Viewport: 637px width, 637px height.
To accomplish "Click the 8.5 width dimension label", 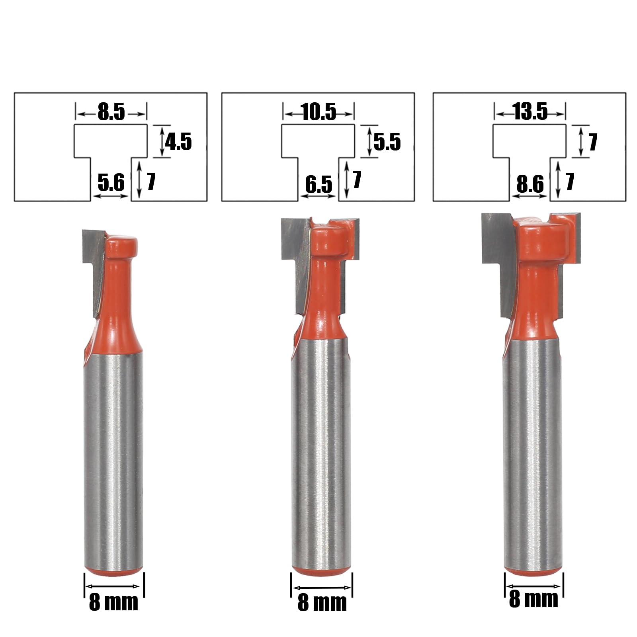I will coord(111,112).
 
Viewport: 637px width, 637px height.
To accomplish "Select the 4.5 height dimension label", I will coord(178,142).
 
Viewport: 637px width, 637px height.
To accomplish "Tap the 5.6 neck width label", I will coord(111,183).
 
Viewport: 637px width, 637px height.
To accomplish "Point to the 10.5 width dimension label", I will coord(319,112).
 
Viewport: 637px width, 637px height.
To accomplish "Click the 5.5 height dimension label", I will coord(387,142).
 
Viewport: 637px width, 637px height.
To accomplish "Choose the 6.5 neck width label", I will coord(318,184).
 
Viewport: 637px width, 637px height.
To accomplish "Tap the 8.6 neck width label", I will coord(530,184).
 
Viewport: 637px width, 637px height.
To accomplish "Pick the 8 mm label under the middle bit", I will coord(322,602).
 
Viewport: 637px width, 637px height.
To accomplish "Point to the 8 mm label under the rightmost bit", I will coord(533,599).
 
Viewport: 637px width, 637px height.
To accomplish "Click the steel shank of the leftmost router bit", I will coord(113,458).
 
